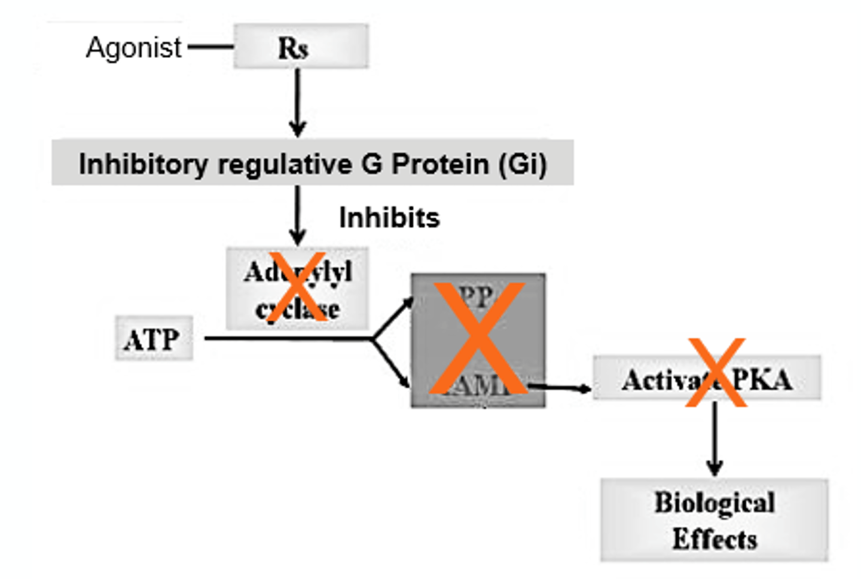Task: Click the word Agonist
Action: (133, 47)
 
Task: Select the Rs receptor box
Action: (300, 47)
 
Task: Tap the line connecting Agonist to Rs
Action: (210, 47)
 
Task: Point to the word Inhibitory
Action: (143, 164)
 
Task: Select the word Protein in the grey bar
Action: (440, 164)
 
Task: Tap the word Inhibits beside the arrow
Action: (389, 217)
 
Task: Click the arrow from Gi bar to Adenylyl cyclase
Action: (297, 215)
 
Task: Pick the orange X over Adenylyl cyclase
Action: (297, 287)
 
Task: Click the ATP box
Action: (154, 339)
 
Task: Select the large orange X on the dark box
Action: (478, 338)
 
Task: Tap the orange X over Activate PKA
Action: (716, 372)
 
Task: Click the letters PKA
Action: (763, 380)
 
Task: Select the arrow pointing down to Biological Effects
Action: (715, 439)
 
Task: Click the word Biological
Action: (715, 503)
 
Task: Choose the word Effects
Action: (715, 539)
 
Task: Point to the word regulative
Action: (285, 164)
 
